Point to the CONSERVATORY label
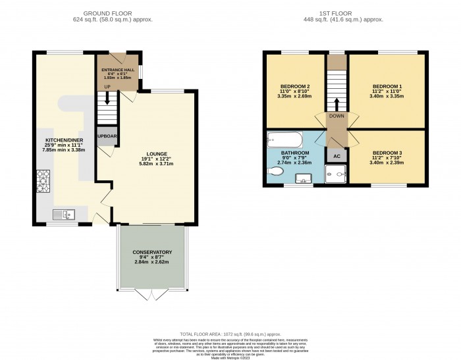(152, 252)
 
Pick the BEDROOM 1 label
(387, 87)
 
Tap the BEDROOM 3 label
(387, 153)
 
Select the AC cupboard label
(337, 157)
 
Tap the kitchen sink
(65, 213)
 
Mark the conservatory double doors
(151, 294)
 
